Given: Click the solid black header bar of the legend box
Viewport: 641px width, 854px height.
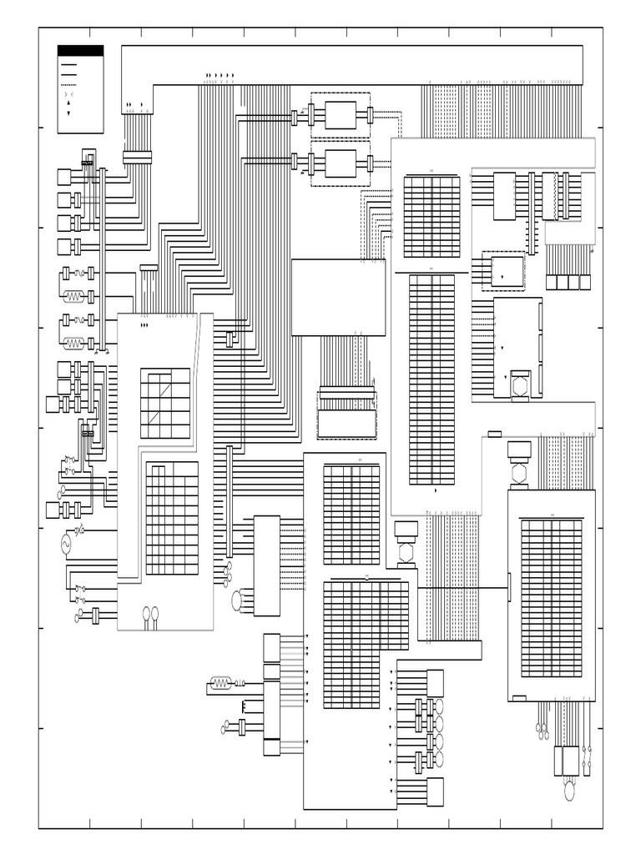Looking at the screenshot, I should [80, 50].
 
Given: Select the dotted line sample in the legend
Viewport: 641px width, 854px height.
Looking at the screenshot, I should [69, 84].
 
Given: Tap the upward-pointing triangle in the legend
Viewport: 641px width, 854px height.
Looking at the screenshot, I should [68, 103].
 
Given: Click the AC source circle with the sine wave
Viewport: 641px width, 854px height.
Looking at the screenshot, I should [63, 543].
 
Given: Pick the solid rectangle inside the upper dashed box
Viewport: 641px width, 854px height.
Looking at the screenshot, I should [340, 114].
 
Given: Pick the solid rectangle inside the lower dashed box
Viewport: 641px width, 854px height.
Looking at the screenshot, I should [340, 163].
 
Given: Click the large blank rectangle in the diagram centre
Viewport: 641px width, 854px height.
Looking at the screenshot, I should [338, 297].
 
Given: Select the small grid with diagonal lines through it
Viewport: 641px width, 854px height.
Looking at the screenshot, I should [164, 403].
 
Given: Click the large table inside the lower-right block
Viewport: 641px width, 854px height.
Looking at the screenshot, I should [551, 597].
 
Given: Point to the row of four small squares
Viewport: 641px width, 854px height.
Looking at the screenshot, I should [563, 282].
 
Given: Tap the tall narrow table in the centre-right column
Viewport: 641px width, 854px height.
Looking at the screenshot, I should [432, 379].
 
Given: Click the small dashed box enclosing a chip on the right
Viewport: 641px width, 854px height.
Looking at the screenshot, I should [503, 271].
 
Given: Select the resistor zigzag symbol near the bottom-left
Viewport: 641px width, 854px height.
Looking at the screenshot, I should [221, 684].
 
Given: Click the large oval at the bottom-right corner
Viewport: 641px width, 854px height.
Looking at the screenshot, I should [570, 789].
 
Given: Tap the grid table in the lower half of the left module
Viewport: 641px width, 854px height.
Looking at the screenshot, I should [172, 518].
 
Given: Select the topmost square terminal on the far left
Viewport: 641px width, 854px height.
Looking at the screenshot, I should [63, 177].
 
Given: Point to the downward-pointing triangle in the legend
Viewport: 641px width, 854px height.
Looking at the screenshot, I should [68, 113].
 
